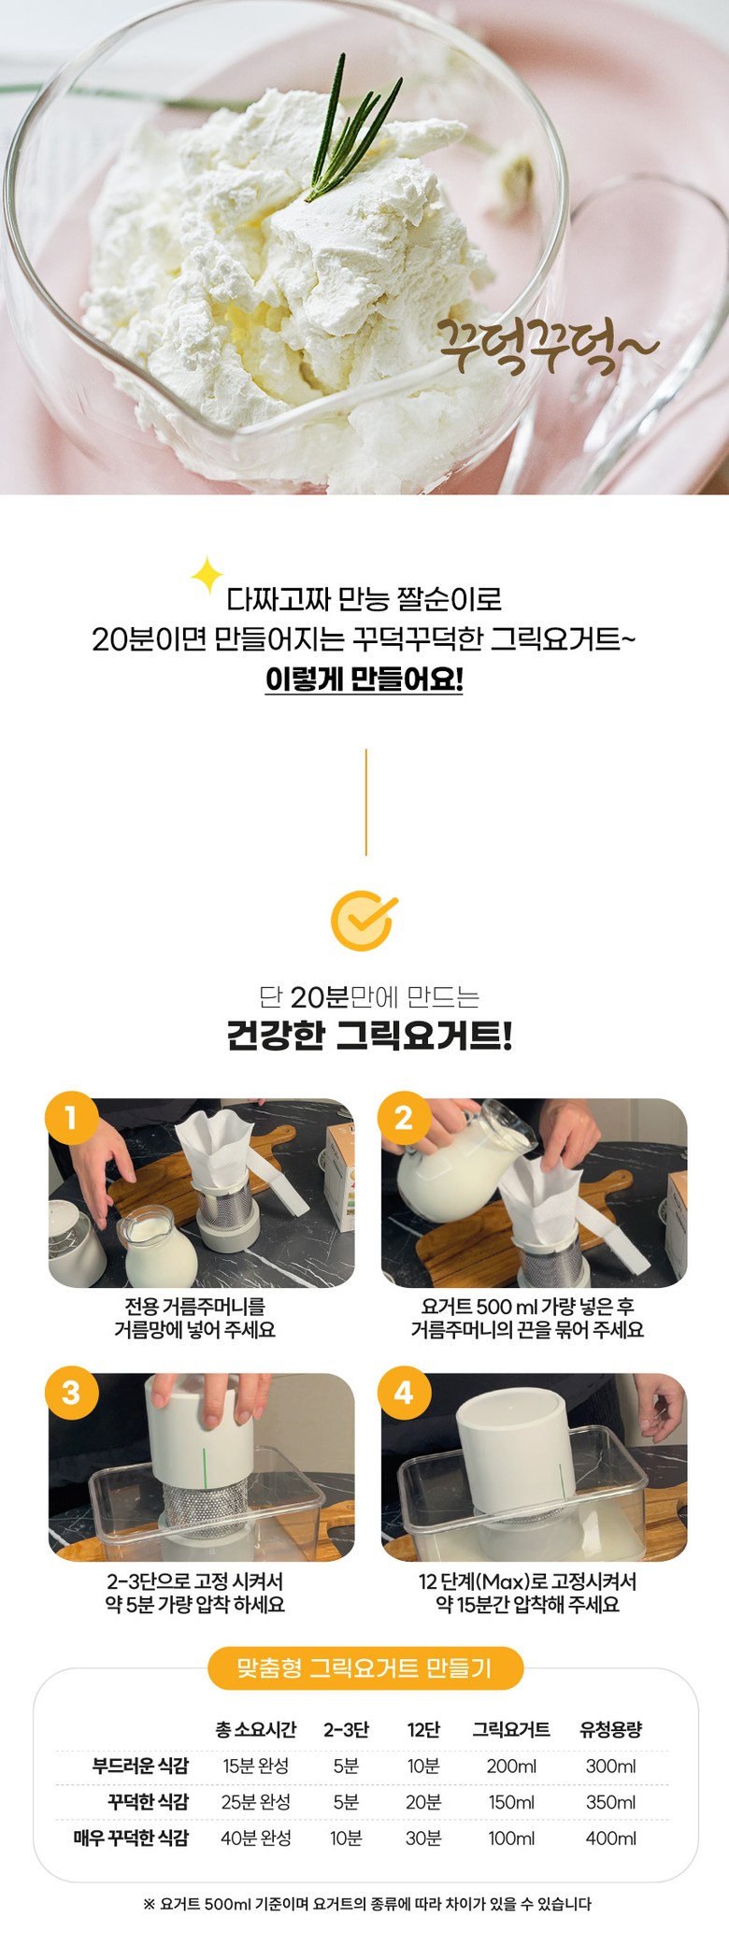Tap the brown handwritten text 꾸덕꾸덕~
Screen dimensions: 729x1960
(x=549, y=344)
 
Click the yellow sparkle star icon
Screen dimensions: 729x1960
(x=207, y=576)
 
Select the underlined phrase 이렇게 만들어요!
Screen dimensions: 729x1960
(x=364, y=680)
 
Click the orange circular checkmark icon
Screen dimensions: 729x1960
(x=364, y=921)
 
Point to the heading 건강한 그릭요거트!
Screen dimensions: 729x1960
(x=369, y=1036)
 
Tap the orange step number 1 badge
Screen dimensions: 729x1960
(x=71, y=1117)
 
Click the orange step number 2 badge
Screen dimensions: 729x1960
(x=404, y=1117)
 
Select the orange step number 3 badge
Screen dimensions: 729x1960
(x=71, y=1392)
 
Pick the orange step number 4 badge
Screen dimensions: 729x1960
(x=404, y=1392)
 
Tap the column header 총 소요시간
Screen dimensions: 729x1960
(x=256, y=1729)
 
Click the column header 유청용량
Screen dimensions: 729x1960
(x=611, y=1729)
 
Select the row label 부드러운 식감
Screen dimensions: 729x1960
(x=140, y=1766)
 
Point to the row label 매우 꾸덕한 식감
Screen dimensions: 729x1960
(x=131, y=1838)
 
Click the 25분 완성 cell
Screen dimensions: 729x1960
(x=256, y=1802)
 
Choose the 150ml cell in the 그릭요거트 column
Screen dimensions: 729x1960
(x=511, y=1802)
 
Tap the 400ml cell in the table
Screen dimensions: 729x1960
(x=611, y=1838)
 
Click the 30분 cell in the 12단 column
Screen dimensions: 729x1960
(x=423, y=1838)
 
